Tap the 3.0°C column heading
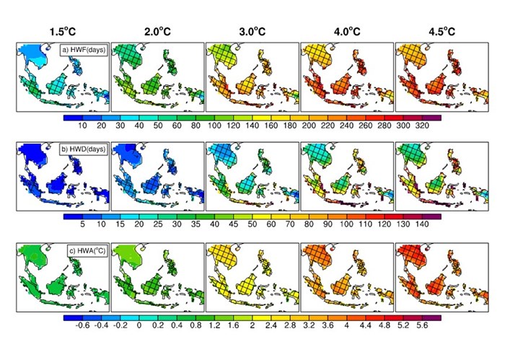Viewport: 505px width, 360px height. pyautogui.click(x=252, y=31)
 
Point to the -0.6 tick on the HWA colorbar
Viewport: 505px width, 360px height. pyautogui.click(x=82, y=325)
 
